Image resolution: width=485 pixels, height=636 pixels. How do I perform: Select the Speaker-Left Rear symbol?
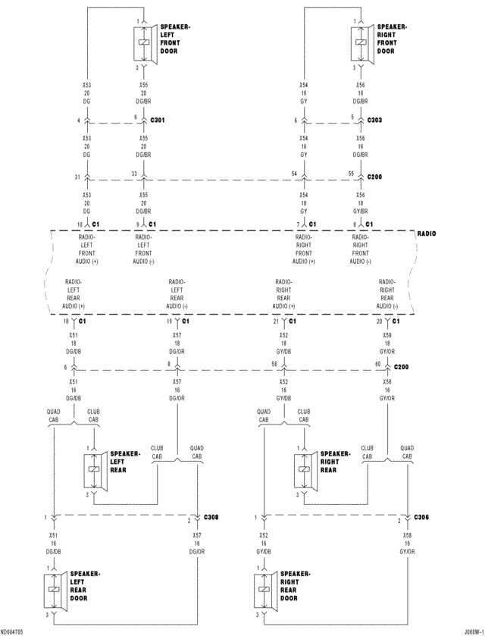pyautogui.click(x=95, y=471)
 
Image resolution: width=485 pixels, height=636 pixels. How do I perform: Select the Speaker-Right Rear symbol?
pyautogui.click(x=305, y=471)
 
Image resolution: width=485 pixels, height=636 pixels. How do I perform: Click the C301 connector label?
pyautogui.click(x=158, y=120)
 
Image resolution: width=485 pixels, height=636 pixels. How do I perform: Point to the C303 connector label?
pyautogui.click(x=375, y=120)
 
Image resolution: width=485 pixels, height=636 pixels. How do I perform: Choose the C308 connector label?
pyautogui.click(x=211, y=517)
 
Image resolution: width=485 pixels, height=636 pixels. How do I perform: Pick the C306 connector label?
pyautogui.click(x=421, y=517)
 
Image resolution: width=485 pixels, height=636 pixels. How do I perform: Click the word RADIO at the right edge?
pyautogui.click(x=427, y=234)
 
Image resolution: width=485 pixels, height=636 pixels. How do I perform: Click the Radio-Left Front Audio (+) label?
pyautogui.click(x=87, y=249)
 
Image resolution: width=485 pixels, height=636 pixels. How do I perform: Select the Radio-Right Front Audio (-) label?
pyautogui.click(x=361, y=249)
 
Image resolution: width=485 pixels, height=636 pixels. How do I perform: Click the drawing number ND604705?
pyautogui.click(x=12, y=631)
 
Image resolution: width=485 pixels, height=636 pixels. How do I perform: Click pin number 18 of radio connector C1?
pyautogui.click(x=66, y=321)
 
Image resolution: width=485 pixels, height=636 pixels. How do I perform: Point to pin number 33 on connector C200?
pyautogui.click(x=135, y=174)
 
